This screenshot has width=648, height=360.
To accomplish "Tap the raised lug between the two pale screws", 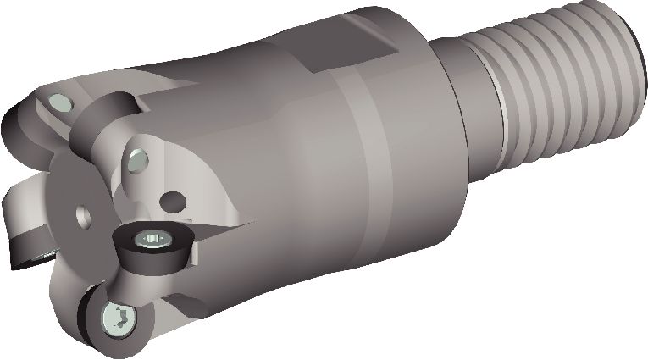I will coord(102,127).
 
